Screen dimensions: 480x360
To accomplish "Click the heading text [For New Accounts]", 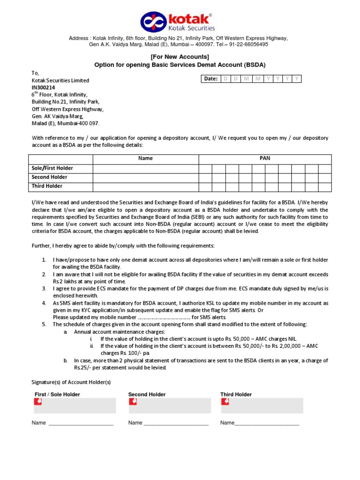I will coord(180,57).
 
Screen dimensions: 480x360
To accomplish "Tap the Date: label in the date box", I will coord(210,79).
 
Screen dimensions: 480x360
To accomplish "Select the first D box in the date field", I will coord(225,79).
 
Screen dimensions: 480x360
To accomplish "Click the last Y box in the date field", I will coord(297,79).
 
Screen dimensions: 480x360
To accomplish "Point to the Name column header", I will coord(145,158).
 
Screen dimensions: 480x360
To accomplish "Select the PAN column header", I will coord(265,158).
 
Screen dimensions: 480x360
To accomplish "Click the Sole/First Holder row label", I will coord(52,168).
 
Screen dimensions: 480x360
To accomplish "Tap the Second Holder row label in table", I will coord(49,177).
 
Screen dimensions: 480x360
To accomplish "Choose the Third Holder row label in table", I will coord(47,186).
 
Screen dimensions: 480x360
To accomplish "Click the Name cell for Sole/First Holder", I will coord(145,168).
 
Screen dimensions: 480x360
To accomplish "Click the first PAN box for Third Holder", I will coord(205,186).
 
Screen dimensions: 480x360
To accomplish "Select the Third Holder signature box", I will coord(262,405).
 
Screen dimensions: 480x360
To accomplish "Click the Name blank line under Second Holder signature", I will coord(176,423).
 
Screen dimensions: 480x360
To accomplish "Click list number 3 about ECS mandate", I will coord(43,289).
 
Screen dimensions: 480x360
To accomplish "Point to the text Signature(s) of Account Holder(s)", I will coord(71,382).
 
